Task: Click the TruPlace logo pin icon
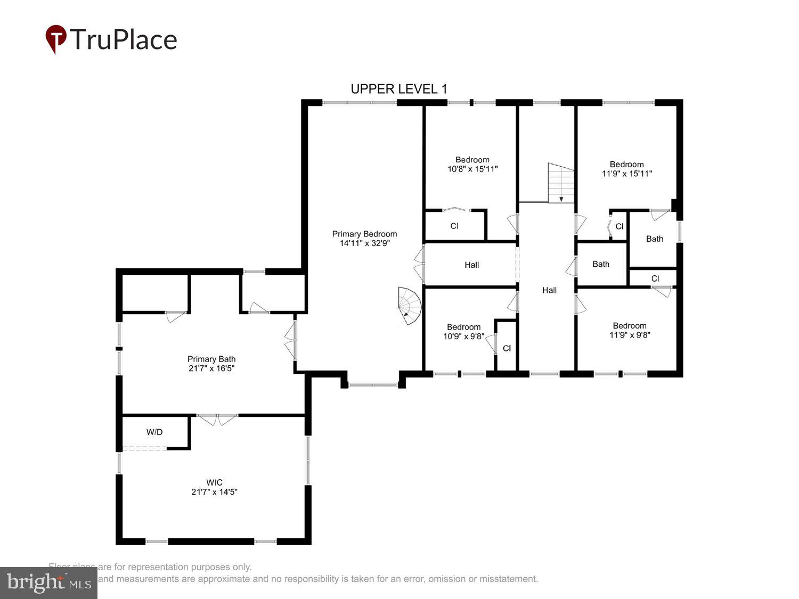point(55,38)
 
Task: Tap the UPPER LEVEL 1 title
point(398,89)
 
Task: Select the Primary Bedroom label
point(364,234)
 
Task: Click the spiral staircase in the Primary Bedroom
point(410,306)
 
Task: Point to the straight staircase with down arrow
point(561,183)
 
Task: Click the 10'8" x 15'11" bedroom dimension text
point(472,169)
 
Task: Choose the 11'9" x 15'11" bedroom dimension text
point(627,174)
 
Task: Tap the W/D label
point(154,432)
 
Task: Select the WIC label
point(214,482)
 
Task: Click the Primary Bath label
point(211,359)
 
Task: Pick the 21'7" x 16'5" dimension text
point(211,368)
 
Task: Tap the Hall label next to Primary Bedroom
point(471,265)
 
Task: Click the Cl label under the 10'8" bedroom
point(454,226)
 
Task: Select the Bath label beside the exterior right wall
point(655,239)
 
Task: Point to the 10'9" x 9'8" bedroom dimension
point(463,337)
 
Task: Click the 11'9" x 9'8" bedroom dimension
point(630,335)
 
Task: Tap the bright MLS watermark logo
point(48,582)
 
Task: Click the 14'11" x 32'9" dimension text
point(364,243)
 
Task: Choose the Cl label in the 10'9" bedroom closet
point(507,348)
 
